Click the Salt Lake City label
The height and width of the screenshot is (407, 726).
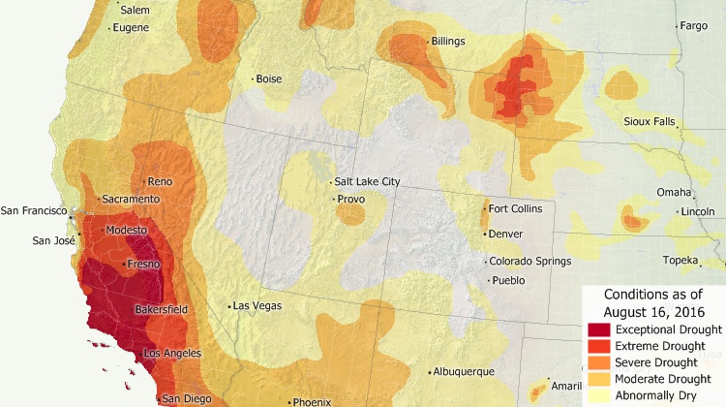pyautogui.click(x=366, y=181)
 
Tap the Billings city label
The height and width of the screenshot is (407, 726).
pyautogui.click(x=448, y=42)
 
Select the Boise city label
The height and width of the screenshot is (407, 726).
pyautogui.click(x=269, y=79)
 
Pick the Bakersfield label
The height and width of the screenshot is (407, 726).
pyautogui.click(x=162, y=310)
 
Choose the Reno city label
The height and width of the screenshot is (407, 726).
pyautogui.click(x=159, y=181)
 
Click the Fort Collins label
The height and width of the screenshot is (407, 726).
pyautogui.click(x=516, y=209)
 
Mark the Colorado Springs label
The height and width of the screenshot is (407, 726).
pyautogui.click(x=529, y=261)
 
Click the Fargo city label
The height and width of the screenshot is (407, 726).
pyautogui.click(x=693, y=26)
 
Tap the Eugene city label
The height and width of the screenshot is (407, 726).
pyautogui.click(x=131, y=27)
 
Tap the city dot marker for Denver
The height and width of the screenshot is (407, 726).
pyautogui.click(x=485, y=234)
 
